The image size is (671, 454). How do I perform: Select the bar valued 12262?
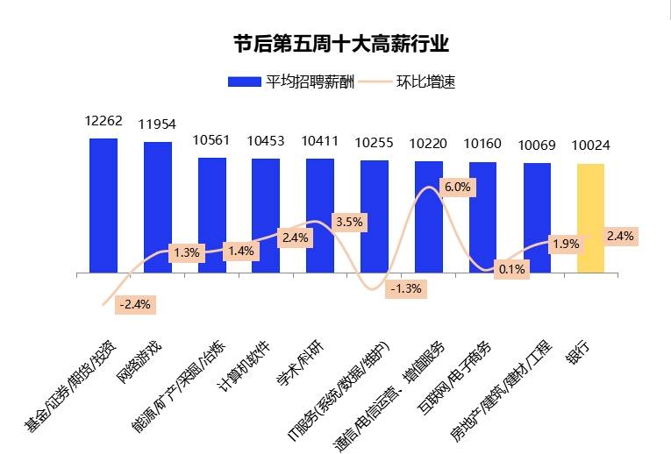(x=104, y=205)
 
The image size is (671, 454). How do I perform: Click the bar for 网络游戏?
(x=158, y=207)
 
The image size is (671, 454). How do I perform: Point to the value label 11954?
(x=157, y=124)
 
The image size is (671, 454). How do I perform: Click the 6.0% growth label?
(x=457, y=187)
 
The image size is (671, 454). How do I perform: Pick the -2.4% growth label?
(x=134, y=304)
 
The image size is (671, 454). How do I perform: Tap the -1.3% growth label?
(x=406, y=287)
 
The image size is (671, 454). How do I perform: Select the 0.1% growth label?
(x=510, y=269)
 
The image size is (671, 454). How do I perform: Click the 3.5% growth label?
(x=348, y=222)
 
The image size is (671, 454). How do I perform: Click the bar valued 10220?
(x=429, y=216)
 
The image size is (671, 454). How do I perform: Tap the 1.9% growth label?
(x=566, y=244)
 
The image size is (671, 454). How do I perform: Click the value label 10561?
(x=211, y=140)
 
